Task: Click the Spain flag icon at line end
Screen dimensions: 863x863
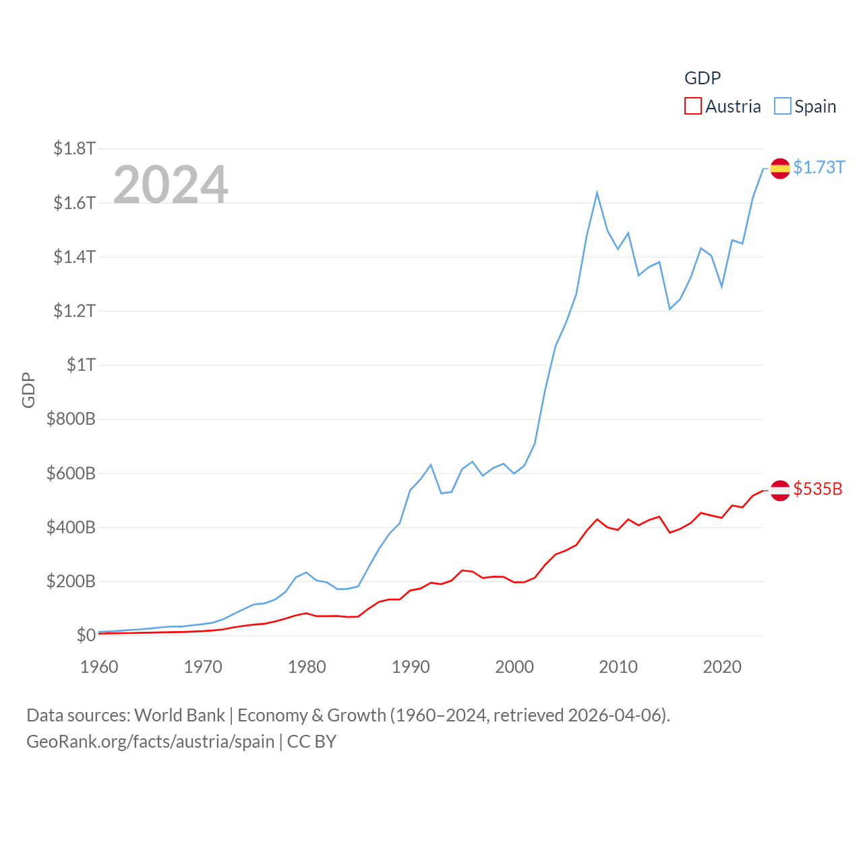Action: (780, 169)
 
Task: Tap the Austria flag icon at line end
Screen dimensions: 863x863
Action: (780, 490)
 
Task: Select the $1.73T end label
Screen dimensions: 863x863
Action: (819, 167)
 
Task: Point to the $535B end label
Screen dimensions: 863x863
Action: (818, 489)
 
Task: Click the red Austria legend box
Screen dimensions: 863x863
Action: (692, 107)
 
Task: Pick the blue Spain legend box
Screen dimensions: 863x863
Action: (782, 107)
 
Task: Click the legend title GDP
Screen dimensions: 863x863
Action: (703, 78)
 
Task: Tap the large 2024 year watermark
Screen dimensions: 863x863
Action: (171, 184)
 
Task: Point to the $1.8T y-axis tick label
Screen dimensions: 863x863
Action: (74, 148)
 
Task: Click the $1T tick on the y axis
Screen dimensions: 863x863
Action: (81, 365)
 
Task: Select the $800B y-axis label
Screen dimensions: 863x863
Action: (71, 419)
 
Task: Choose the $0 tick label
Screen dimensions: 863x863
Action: (86, 635)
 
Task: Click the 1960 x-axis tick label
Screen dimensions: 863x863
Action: (99, 667)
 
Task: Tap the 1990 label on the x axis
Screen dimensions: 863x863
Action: (411, 667)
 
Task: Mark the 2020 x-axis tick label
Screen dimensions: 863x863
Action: (722, 667)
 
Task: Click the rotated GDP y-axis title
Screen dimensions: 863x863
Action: (28, 390)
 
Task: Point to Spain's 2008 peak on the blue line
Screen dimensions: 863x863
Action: (597, 194)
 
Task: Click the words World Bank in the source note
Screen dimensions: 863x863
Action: (179, 715)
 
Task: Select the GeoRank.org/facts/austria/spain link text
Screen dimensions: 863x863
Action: (150, 742)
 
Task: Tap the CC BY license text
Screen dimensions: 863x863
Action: (311, 742)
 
